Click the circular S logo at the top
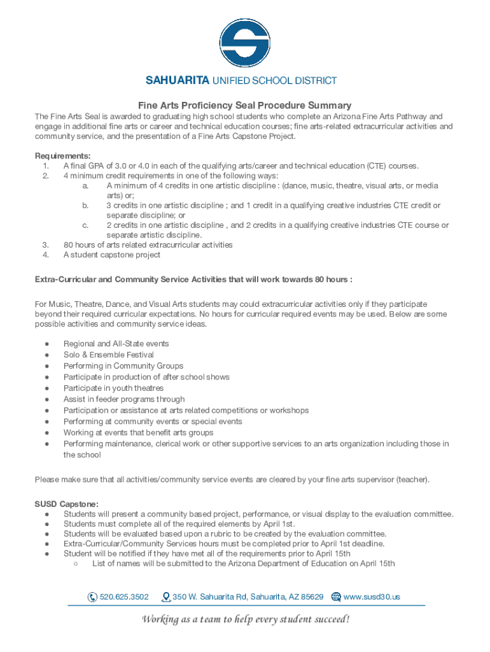coord(245,43)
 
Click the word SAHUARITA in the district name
coord(177,81)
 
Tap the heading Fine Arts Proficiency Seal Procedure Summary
coord(245,105)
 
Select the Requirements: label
coord(62,156)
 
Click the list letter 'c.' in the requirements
coord(85,225)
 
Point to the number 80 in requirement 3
coord(68,244)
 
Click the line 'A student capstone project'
coord(112,255)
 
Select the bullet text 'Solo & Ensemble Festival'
coord(108,355)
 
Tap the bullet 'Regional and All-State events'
coord(116,344)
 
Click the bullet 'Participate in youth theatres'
coord(113,388)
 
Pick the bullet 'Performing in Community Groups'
coord(123,365)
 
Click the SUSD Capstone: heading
coord(66,504)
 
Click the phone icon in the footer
coord(92,597)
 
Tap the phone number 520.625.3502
coord(124,597)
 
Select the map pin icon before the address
coord(167,597)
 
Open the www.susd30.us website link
coord(372,597)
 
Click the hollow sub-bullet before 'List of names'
coord(75,563)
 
